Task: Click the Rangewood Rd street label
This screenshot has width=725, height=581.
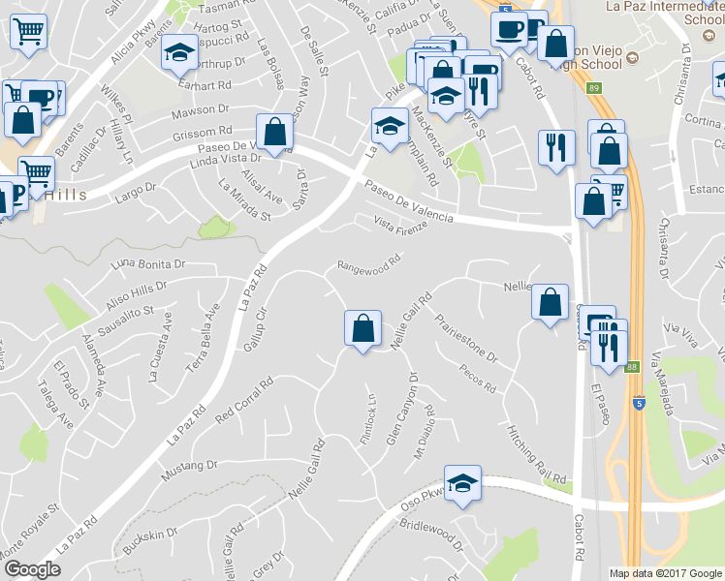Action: [x=368, y=262]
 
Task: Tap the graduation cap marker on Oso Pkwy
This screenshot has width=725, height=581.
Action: [x=462, y=483]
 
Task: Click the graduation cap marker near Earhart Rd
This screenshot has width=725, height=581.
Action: [x=178, y=53]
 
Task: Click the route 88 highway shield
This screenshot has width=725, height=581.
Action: [x=632, y=366]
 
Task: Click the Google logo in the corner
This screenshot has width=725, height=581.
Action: [x=32, y=569]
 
